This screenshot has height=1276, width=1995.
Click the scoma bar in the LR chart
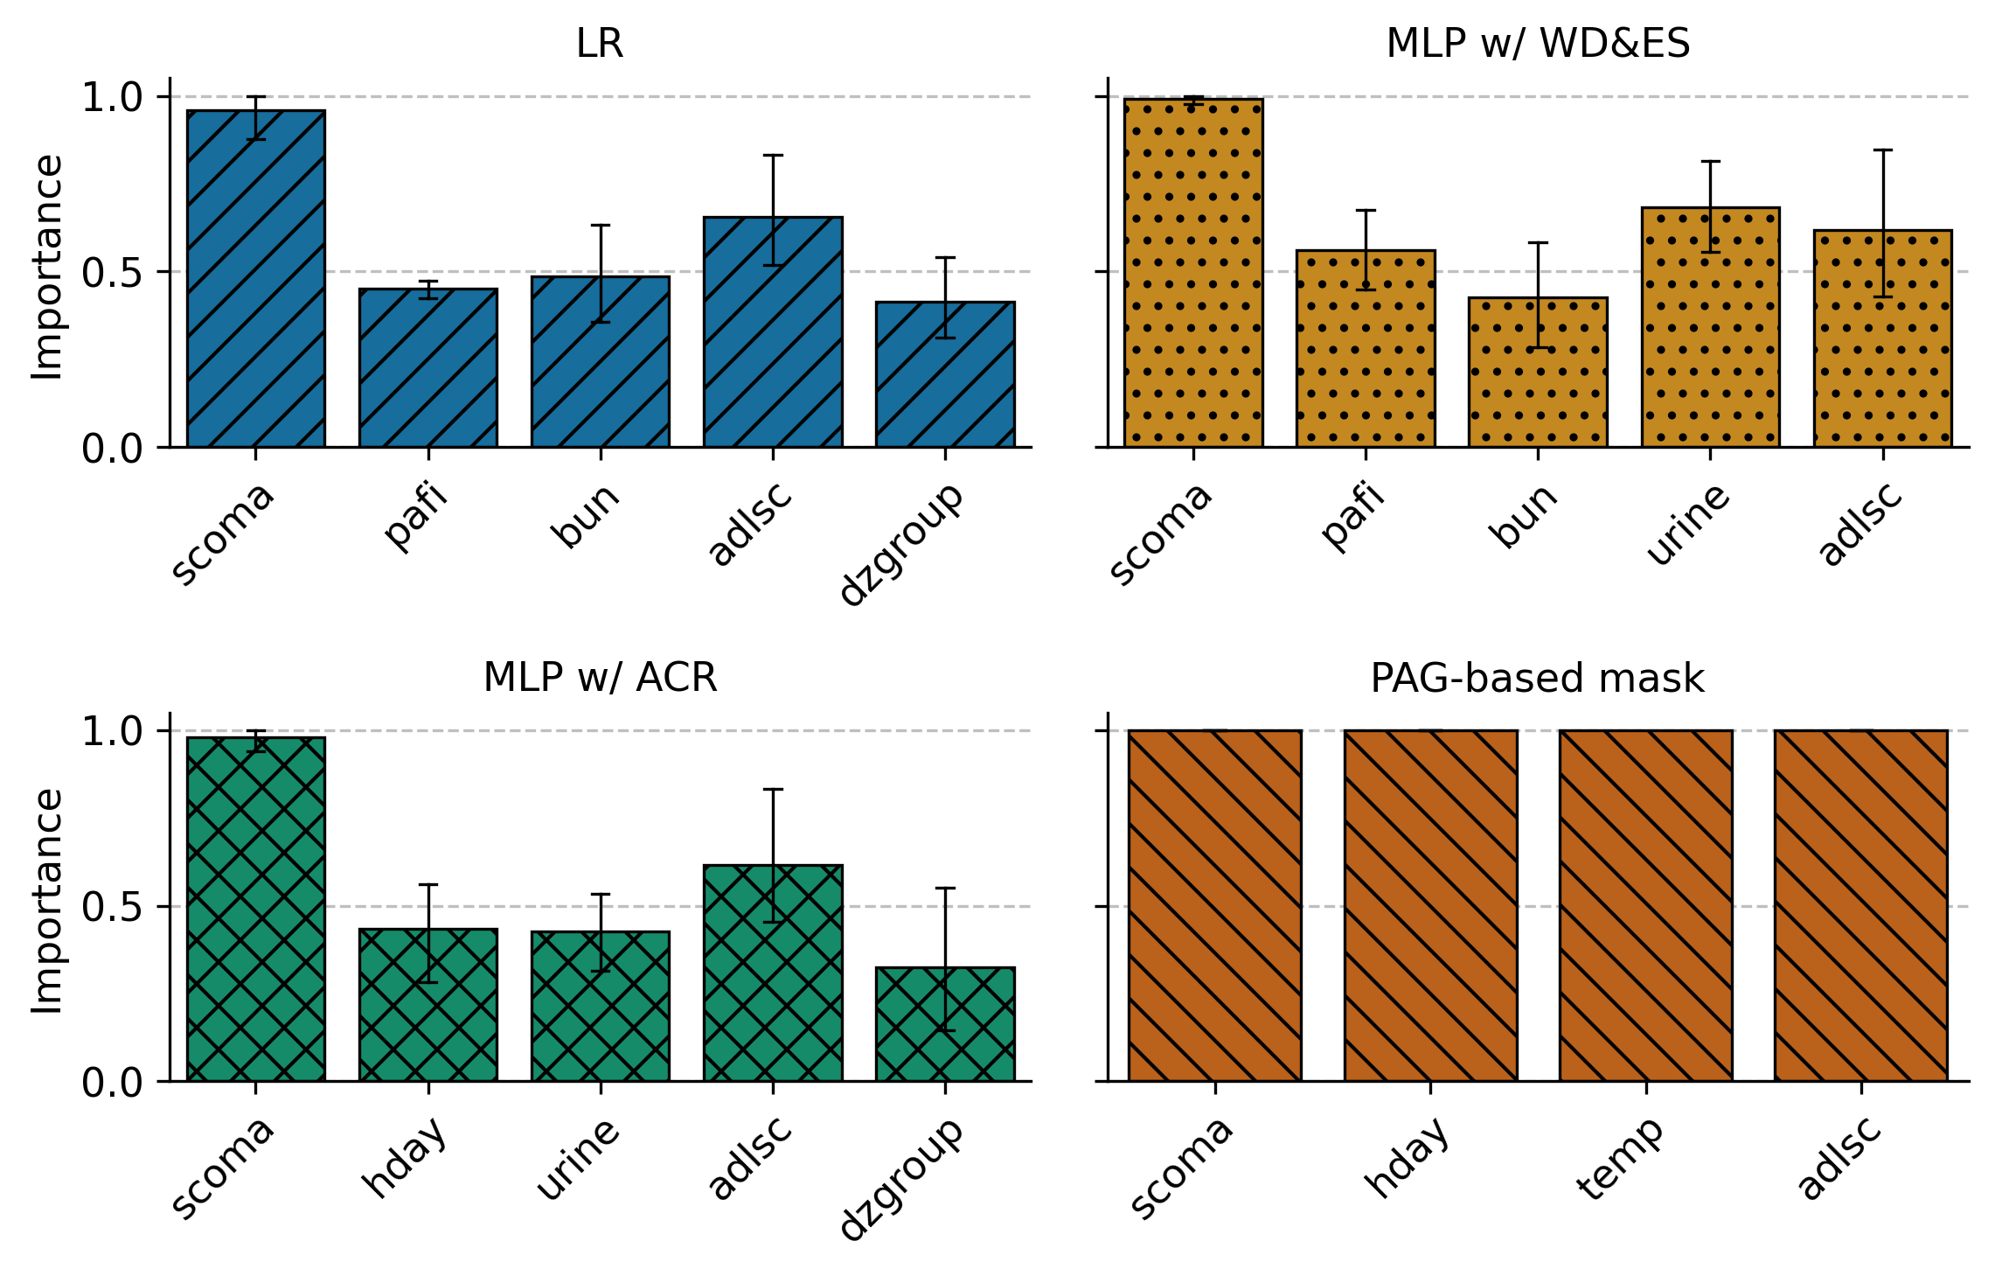coord(255,280)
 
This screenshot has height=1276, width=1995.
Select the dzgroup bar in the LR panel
coord(945,376)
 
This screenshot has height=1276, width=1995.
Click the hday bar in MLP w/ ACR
coord(427,1006)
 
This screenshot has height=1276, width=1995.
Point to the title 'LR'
coord(600,44)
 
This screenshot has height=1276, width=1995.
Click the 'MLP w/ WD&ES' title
coord(1538,44)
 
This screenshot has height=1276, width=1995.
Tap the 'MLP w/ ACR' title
coord(600,678)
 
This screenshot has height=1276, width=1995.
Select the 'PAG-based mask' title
coord(1537,679)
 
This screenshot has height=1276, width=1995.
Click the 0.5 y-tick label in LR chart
coord(112,273)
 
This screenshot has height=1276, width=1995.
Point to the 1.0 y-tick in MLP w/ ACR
coord(112,732)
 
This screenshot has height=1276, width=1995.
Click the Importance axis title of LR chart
coord(47,268)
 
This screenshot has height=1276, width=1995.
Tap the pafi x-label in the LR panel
coord(416,518)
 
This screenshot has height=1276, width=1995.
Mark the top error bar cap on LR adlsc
coord(773,156)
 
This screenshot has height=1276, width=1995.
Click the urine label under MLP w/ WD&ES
coord(1687,524)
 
